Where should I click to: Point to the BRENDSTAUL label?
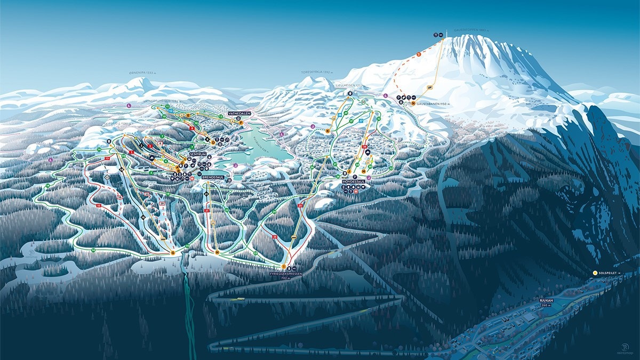pos(213,177)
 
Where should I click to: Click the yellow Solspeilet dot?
pos(595,273)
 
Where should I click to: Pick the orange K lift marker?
pos(327,130)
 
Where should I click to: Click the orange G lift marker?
pos(173,252)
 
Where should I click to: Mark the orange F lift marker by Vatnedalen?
pos(241,123)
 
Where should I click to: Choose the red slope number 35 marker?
pos(275,236)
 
